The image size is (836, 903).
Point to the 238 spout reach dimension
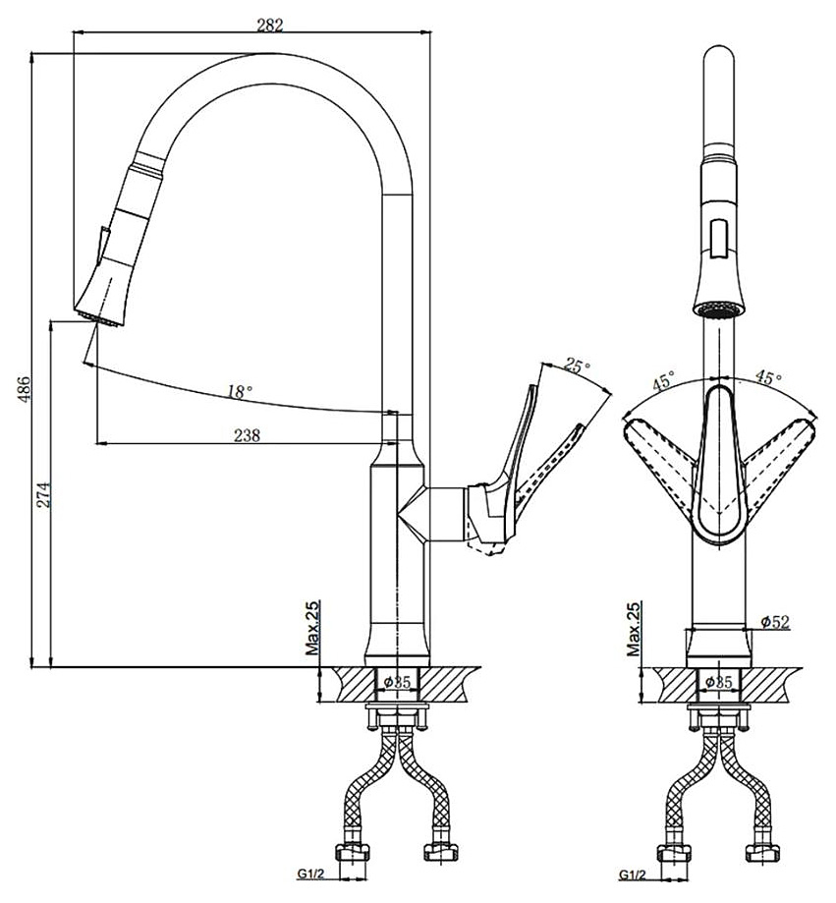pos(247,435)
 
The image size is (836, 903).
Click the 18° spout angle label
pos(240,391)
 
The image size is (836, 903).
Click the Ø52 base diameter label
pos(776,621)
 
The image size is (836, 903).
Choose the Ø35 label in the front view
pos(720,681)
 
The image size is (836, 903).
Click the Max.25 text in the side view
pos(312,629)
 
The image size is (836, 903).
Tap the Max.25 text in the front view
pos(635,629)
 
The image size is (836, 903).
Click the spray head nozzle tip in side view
pos(97,316)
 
